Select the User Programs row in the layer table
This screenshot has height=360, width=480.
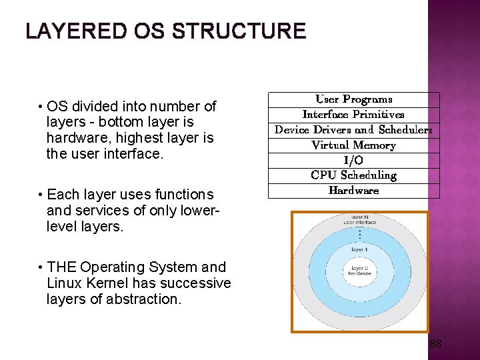[x=353, y=99]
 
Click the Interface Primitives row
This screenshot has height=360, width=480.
[x=353, y=115]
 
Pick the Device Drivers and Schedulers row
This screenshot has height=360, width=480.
[x=353, y=130]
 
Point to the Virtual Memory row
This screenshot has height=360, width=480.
[x=353, y=145]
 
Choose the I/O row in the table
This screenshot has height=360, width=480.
[x=353, y=161]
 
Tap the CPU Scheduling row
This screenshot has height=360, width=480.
[x=353, y=175]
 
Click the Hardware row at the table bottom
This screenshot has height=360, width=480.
[x=353, y=191]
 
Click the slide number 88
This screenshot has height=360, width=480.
[x=435, y=344]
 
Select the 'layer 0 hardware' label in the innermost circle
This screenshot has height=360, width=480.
[x=359, y=271]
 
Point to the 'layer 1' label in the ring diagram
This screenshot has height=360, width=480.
[x=359, y=249]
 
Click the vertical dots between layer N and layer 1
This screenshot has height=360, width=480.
[x=359, y=235]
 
